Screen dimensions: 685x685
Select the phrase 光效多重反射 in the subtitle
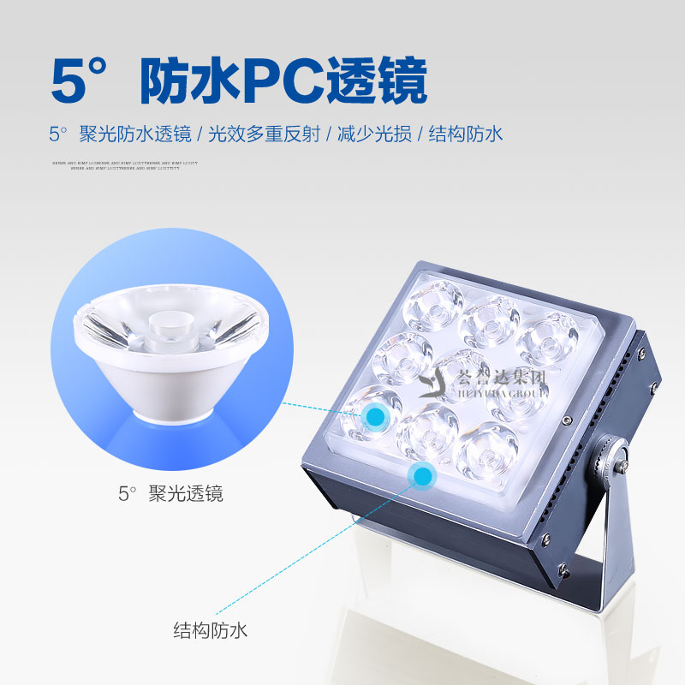point(265,134)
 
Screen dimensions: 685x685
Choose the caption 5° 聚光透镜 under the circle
point(170,493)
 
